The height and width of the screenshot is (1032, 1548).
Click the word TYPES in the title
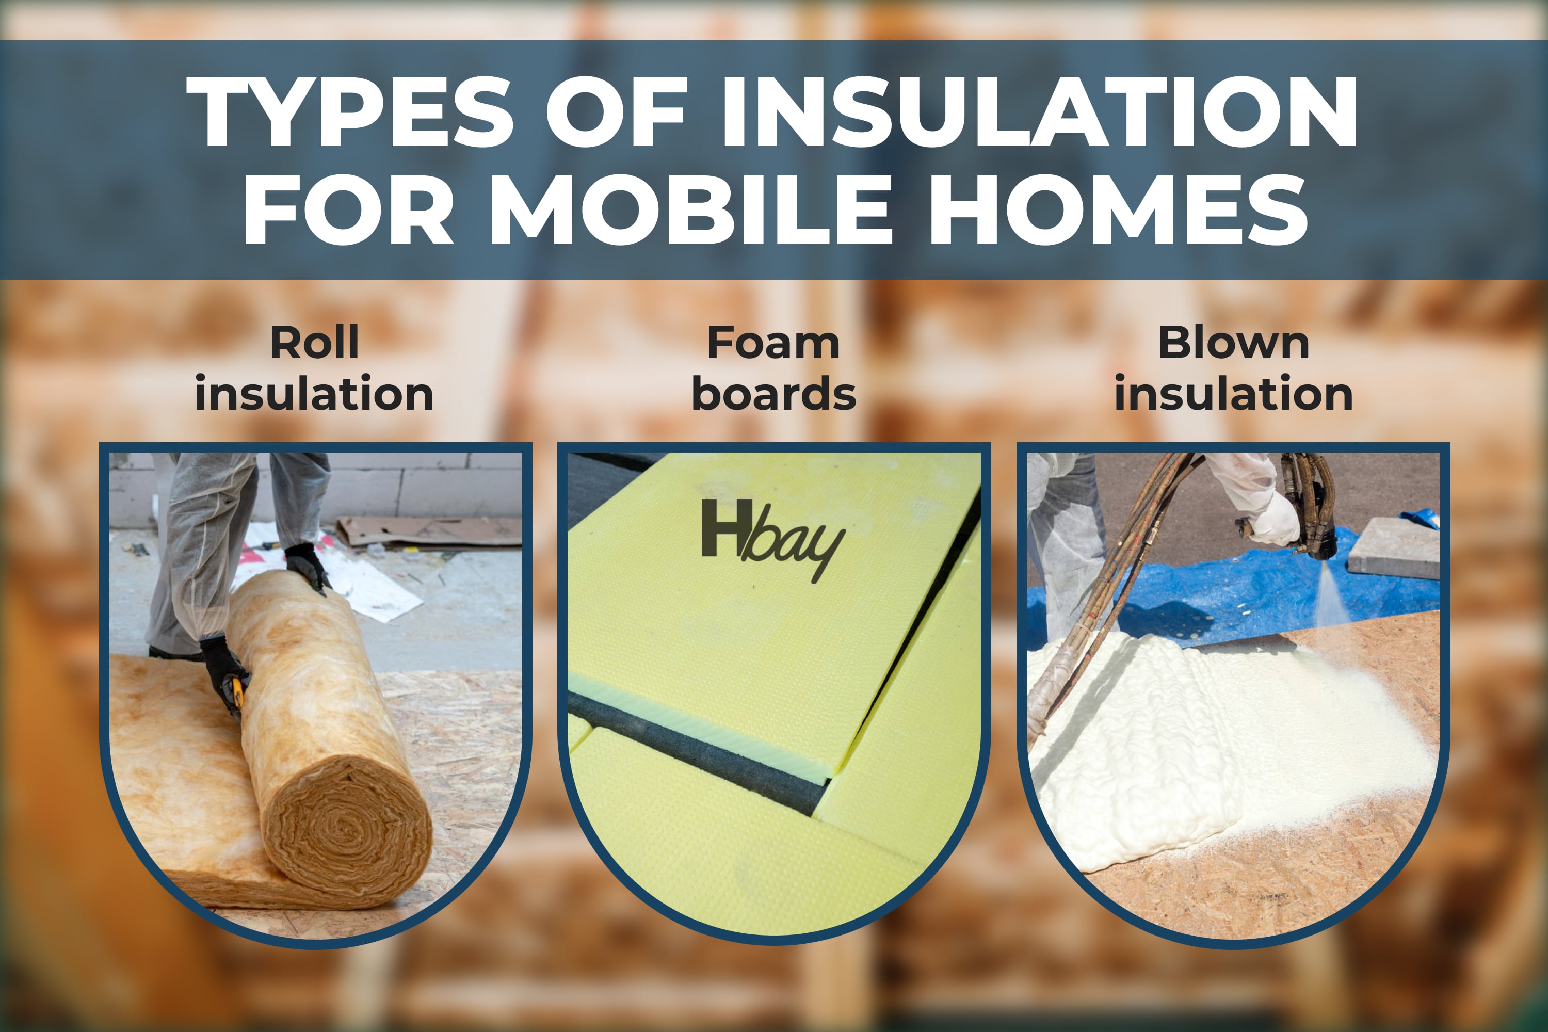pyautogui.click(x=349, y=112)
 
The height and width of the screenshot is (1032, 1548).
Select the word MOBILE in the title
pyautogui.click(x=690, y=211)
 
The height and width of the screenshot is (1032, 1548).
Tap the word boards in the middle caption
pyautogui.click(x=774, y=394)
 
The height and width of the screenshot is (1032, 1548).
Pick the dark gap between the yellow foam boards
pyautogui.click(x=698, y=753)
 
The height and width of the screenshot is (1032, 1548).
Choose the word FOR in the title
pyautogui.click(x=349, y=211)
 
